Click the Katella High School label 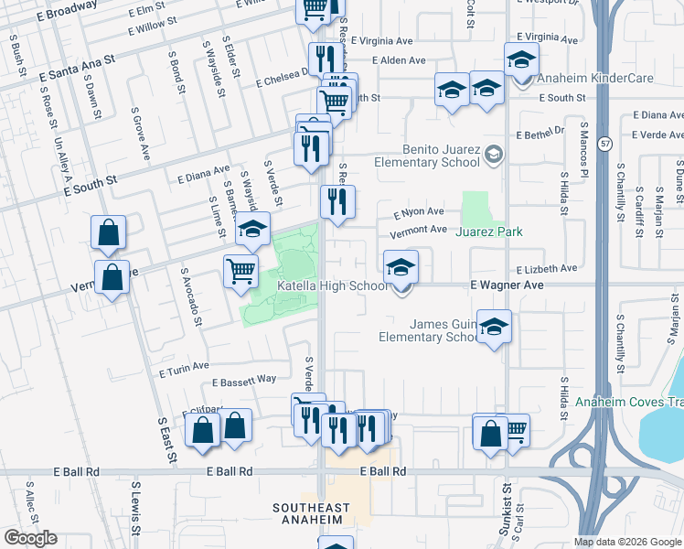click(333, 286)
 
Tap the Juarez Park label click(490, 231)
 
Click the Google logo click(29, 538)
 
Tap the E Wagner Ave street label click(507, 285)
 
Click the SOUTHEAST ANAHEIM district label click(311, 513)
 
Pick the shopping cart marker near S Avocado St click(240, 270)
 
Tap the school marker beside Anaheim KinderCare click(521, 60)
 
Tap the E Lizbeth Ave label click(547, 269)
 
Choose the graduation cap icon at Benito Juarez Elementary click(494, 153)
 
